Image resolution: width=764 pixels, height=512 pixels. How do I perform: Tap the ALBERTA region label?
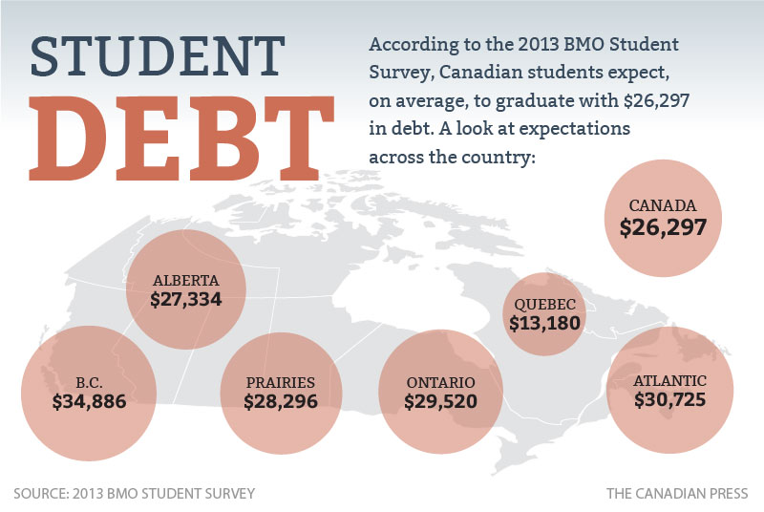[x=186, y=281]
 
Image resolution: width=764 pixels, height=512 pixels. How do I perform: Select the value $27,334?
[x=186, y=299]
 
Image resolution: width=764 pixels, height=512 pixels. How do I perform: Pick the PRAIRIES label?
[x=281, y=382]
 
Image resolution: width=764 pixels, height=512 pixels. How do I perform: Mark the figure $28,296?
[x=281, y=401]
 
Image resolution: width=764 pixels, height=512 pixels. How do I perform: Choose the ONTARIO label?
[x=440, y=382]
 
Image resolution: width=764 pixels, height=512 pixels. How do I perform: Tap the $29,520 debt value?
[x=440, y=401]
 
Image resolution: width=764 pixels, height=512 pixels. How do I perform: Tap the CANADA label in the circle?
[x=663, y=205]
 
